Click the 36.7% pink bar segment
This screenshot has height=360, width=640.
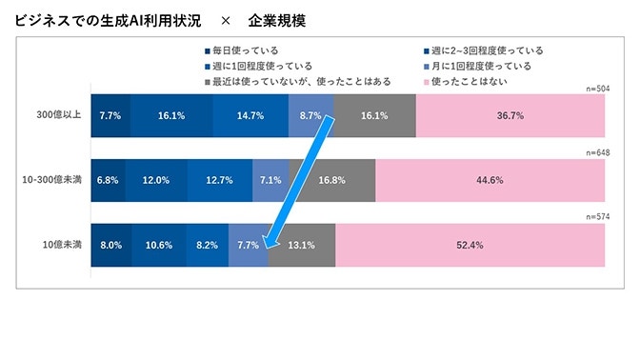pyautogui.click(x=510, y=115)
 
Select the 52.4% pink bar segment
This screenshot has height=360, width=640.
pyautogui.click(x=470, y=245)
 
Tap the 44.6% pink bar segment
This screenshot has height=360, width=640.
pyautogui.click(x=490, y=180)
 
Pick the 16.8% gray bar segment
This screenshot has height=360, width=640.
pyautogui.click(x=332, y=180)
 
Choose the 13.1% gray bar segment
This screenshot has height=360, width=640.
pyautogui.click(x=302, y=245)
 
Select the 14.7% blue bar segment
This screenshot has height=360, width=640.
pyautogui.click(x=250, y=115)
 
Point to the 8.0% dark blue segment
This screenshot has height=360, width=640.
pyautogui.click(x=111, y=245)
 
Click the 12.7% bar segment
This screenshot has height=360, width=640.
pyautogui.click(x=220, y=180)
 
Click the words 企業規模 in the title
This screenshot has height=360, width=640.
pyautogui.click(x=277, y=19)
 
